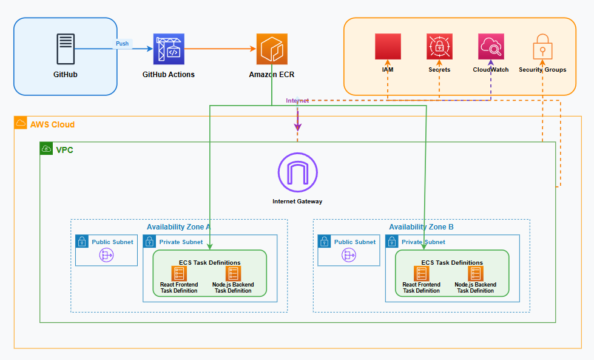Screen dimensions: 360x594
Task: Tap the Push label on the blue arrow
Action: (x=123, y=44)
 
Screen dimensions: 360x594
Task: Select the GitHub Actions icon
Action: (x=169, y=49)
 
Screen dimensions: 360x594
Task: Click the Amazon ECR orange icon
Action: (x=271, y=49)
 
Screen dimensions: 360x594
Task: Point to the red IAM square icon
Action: (x=388, y=47)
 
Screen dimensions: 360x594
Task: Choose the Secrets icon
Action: (x=439, y=47)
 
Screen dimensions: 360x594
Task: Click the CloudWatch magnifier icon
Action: (x=490, y=47)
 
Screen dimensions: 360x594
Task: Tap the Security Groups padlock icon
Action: (x=542, y=47)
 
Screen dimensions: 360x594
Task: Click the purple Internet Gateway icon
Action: (x=297, y=172)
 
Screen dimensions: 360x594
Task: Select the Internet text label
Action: (x=297, y=101)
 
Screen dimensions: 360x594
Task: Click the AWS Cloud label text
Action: (x=52, y=124)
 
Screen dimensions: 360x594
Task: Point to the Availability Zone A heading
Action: (x=178, y=227)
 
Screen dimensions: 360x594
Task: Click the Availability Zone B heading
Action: (x=421, y=227)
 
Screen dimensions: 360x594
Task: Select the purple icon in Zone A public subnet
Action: (x=107, y=256)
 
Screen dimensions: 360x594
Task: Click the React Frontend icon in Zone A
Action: (x=179, y=274)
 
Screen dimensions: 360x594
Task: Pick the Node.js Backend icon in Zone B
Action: (x=475, y=274)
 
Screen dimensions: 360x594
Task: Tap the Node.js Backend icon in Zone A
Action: (x=233, y=274)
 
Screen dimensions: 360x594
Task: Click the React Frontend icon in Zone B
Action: (x=421, y=274)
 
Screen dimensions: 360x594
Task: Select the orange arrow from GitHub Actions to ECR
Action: (x=220, y=49)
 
